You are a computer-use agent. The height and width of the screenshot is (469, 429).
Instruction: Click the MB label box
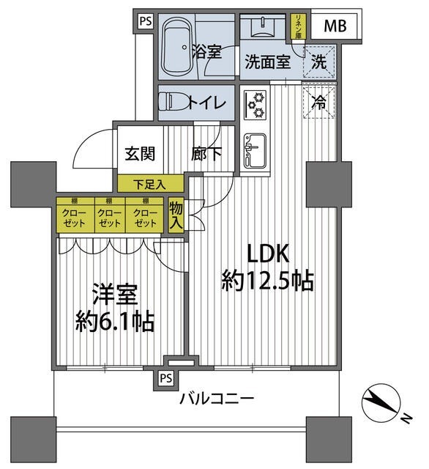(x=335, y=27)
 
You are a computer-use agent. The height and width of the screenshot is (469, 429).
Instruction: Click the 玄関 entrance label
(x=139, y=154)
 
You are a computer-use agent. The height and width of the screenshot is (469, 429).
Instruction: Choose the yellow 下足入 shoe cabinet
(x=149, y=183)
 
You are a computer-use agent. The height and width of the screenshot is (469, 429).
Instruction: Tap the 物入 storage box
(x=176, y=215)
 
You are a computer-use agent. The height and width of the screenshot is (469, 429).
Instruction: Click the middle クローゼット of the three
(x=108, y=216)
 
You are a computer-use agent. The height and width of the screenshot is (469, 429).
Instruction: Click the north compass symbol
(x=381, y=403)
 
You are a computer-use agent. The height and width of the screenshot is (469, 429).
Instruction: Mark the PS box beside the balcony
(x=166, y=379)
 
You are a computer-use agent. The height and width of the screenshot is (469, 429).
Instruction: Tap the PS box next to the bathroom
(x=145, y=21)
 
